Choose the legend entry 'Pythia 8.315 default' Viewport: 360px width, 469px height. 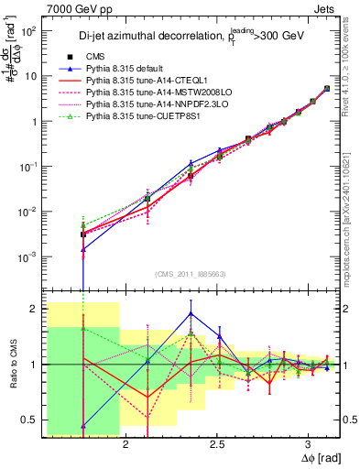coord(128,69)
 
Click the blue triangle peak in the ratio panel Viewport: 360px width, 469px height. coord(190,313)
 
